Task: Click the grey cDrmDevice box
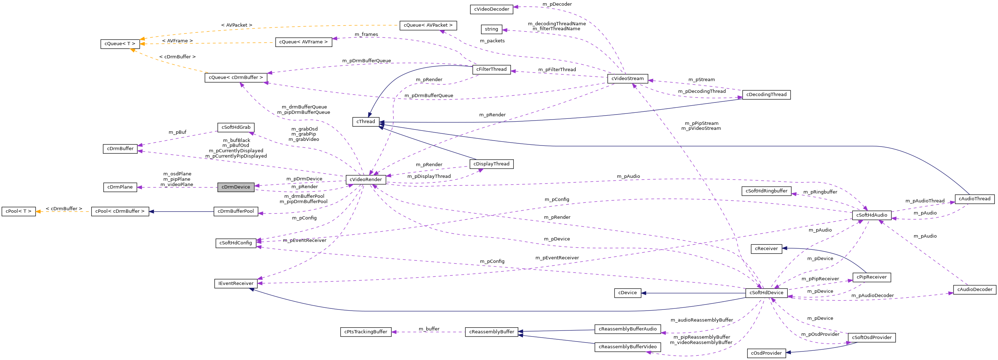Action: click(x=236, y=187)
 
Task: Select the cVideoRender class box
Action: click(x=365, y=179)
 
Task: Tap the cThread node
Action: click(x=366, y=122)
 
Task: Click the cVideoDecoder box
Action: click(x=491, y=9)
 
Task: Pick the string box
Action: click(x=491, y=29)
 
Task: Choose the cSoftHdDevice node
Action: click(x=766, y=292)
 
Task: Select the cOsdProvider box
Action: click(x=766, y=353)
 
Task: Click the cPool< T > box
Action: click(x=19, y=211)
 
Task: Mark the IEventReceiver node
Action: click(x=236, y=284)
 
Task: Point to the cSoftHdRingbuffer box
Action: click(x=766, y=191)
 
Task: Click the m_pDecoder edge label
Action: click(x=557, y=4)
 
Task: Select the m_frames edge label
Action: click(x=366, y=35)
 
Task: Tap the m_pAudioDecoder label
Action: click(x=872, y=296)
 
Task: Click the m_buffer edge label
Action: click(x=429, y=329)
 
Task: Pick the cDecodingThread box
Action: click(x=766, y=95)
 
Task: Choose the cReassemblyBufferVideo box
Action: click(x=627, y=347)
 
